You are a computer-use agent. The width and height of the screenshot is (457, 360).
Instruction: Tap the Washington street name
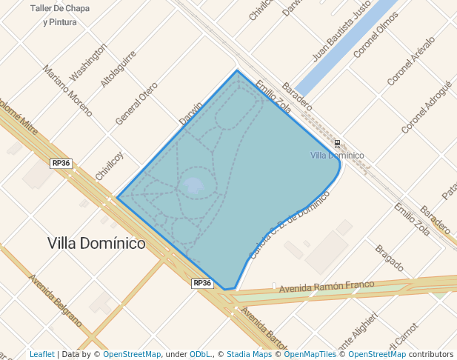(x=88, y=61)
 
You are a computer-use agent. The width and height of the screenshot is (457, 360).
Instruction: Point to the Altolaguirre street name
(x=119, y=69)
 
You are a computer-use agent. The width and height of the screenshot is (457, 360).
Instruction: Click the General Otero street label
(x=136, y=103)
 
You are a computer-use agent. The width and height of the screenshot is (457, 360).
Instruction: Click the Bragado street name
(x=389, y=259)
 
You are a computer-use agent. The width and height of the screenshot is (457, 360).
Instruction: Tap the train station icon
(x=338, y=143)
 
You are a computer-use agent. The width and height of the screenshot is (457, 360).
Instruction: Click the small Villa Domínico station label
(x=337, y=155)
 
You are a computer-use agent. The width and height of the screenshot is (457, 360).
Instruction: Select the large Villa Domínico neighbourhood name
(x=96, y=243)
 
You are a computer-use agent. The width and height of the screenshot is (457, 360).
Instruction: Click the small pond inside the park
(x=193, y=184)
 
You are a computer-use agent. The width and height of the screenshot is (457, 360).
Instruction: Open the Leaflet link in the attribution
(x=41, y=355)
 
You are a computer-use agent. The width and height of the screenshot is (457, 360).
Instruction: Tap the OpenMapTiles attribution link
(x=312, y=355)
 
